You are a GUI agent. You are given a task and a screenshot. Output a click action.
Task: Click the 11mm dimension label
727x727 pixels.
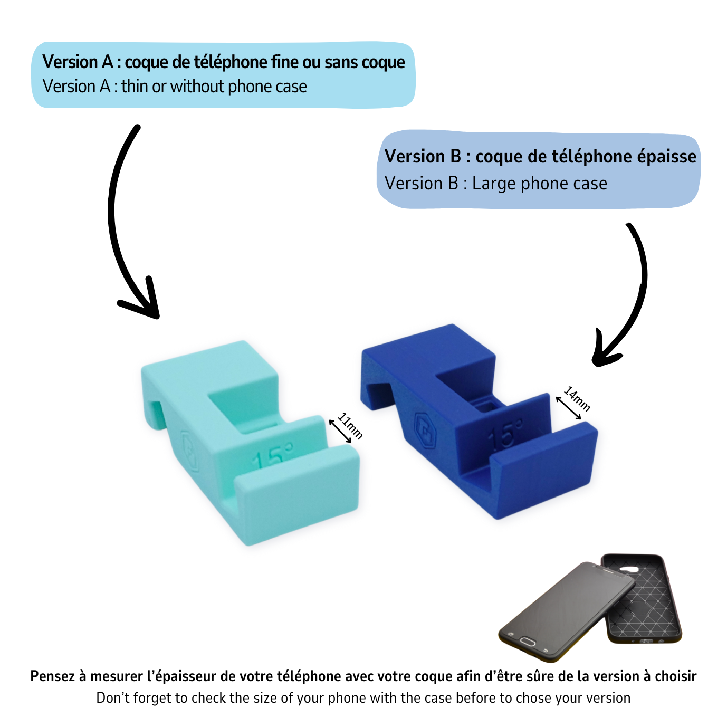pos(350,426)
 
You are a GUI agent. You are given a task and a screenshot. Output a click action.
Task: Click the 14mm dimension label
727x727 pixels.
pos(577,399)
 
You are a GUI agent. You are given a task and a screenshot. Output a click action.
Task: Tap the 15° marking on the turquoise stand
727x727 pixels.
pos(272,457)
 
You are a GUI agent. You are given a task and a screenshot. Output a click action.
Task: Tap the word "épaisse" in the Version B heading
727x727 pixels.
pos(667,157)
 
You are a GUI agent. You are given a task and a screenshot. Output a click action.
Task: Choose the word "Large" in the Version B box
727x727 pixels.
pos(494,184)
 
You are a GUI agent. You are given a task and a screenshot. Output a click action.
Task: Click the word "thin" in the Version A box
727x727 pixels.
pos(135,87)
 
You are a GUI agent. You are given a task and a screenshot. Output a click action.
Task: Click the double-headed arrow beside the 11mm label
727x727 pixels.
pos(340,431)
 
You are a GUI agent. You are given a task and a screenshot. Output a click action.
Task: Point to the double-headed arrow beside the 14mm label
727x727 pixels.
pos(569,408)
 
